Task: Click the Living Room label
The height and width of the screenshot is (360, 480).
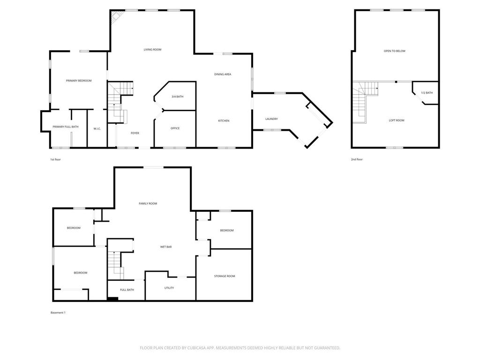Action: point(152,50)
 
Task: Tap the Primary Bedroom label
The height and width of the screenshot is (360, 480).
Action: point(79,81)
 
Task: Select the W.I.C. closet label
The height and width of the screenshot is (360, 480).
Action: point(97,129)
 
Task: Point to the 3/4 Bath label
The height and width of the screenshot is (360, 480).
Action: point(178,97)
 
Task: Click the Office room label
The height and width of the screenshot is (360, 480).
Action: point(175,128)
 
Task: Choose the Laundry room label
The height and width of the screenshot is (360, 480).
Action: point(271,119)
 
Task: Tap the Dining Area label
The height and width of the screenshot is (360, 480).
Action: point(223,75)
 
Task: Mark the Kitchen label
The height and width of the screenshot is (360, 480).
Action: point(224,121)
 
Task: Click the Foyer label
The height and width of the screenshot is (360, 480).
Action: point(135,133)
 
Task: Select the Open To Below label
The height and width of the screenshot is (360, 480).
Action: point(395,51)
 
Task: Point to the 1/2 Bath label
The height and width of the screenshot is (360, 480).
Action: point(427,93)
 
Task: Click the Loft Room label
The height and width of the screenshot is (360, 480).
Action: point(397,120)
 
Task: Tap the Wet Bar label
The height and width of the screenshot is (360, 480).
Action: point(166,247)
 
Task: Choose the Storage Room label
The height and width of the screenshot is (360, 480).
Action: point(225,276)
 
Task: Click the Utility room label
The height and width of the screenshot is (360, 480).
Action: point(169,288)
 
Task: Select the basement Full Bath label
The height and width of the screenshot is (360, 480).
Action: point(127,290)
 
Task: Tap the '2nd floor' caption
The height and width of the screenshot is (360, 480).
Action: point(357,159)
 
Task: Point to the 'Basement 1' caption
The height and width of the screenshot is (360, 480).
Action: point(58,313)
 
